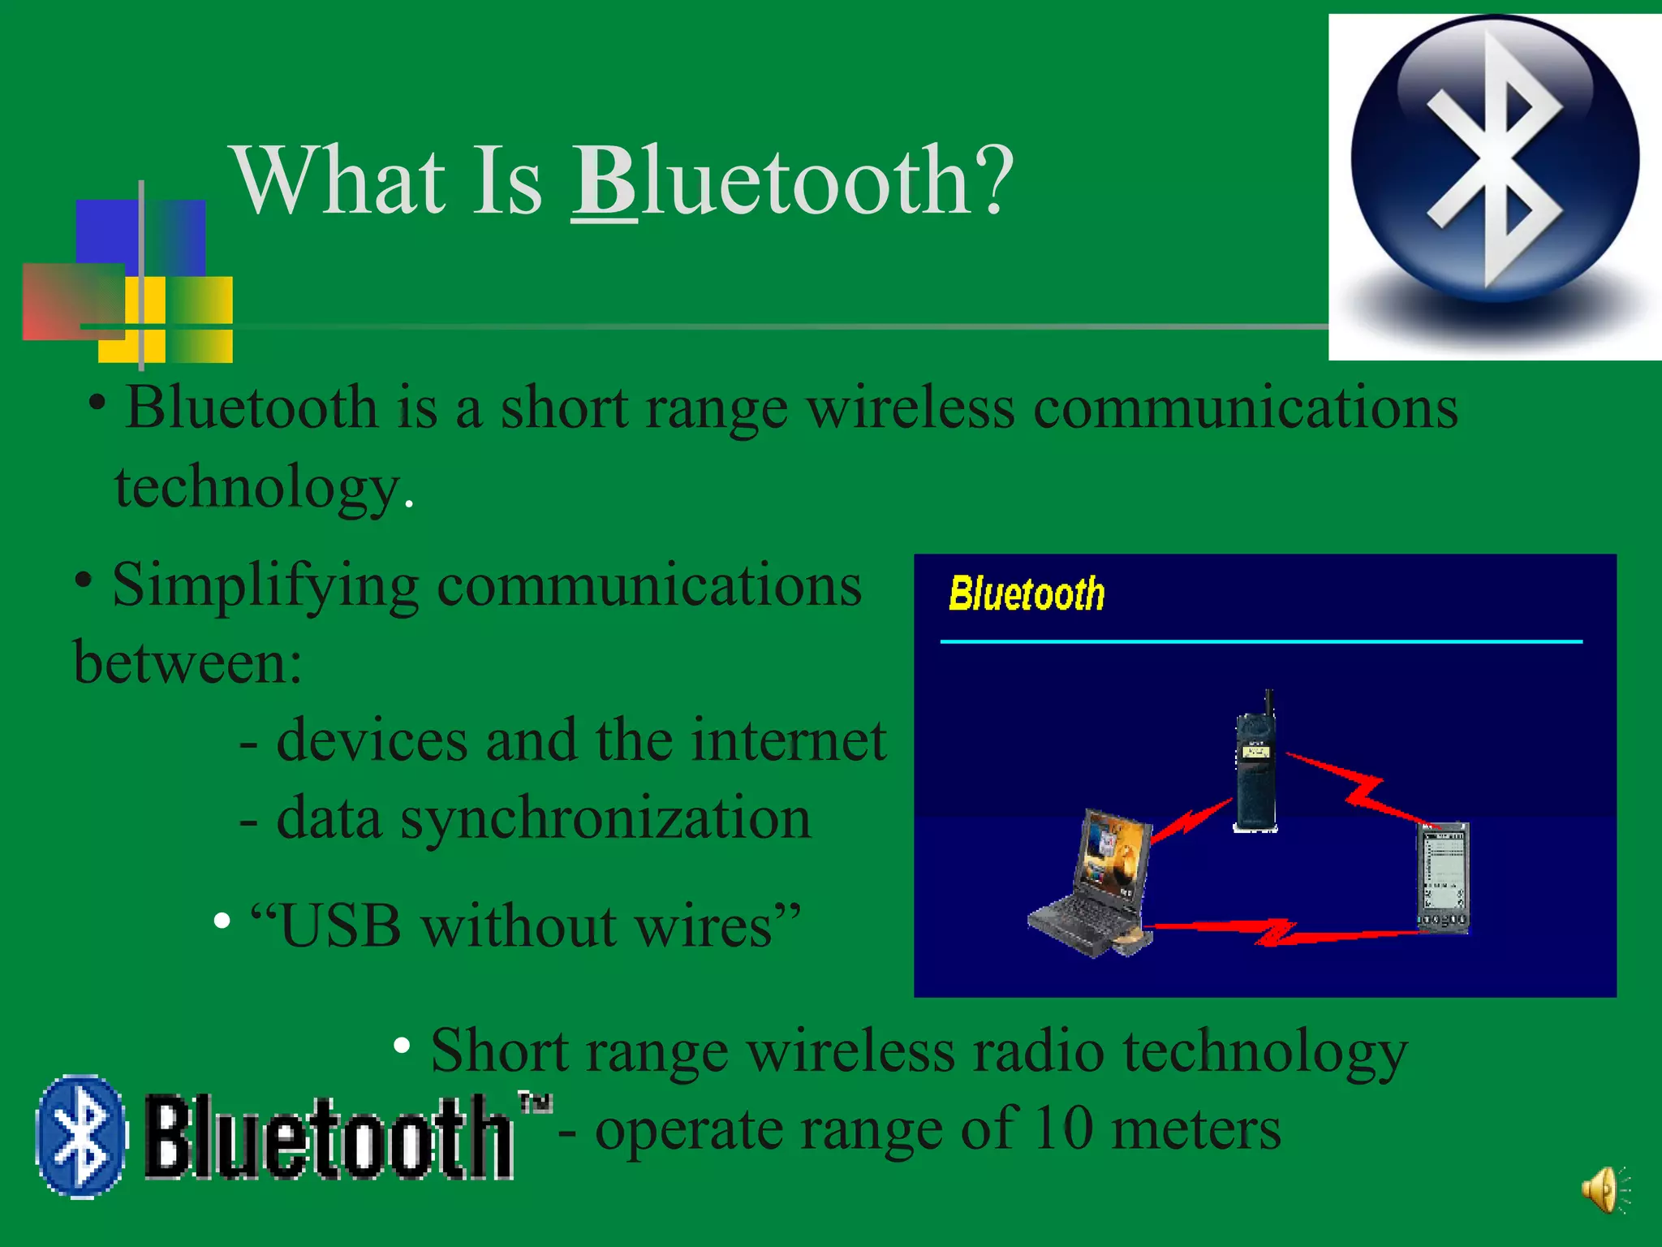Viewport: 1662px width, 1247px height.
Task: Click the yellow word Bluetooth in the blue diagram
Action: [1027, 593]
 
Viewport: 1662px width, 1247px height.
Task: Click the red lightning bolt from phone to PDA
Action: [1363, 787]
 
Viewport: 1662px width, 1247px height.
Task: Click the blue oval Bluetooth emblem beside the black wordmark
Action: [81, 1137]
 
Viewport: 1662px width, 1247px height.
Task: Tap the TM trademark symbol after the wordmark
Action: [535, 1102]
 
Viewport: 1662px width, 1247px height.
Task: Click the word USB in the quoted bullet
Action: [341, 926]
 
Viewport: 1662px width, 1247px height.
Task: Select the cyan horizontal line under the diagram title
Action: [1261, 641]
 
